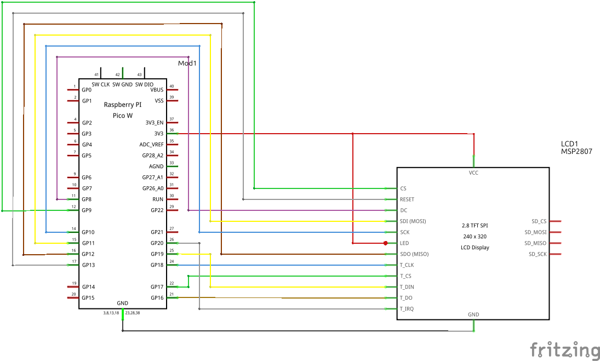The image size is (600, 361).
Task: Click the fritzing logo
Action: point(564,349)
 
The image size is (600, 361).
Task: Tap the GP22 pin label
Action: point(157,210)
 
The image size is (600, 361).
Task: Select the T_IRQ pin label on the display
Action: point(407,309)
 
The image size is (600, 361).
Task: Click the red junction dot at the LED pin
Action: point(386,243)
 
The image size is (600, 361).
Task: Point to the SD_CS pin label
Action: point(539,221)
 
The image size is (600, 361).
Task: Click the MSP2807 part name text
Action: point(576,152)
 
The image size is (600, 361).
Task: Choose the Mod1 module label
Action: point(187,64)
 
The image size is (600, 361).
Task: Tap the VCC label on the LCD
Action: point(473,173)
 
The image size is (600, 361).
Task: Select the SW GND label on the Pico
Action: point(122,84)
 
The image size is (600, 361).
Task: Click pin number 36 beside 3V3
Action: point(172,130)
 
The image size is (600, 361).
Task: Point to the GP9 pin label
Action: point(87,210)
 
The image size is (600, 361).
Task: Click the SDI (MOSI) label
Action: point(413,221)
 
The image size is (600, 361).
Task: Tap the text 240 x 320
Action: point(475,237)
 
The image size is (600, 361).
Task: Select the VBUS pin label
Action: point(157,90)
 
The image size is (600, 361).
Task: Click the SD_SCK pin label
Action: point(538,254)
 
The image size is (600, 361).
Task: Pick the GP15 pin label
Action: point(88,298)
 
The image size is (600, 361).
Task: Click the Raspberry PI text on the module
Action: point(123,104)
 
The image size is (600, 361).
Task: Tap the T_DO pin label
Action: point(406,298)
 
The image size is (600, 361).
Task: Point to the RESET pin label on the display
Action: point(407,199)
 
